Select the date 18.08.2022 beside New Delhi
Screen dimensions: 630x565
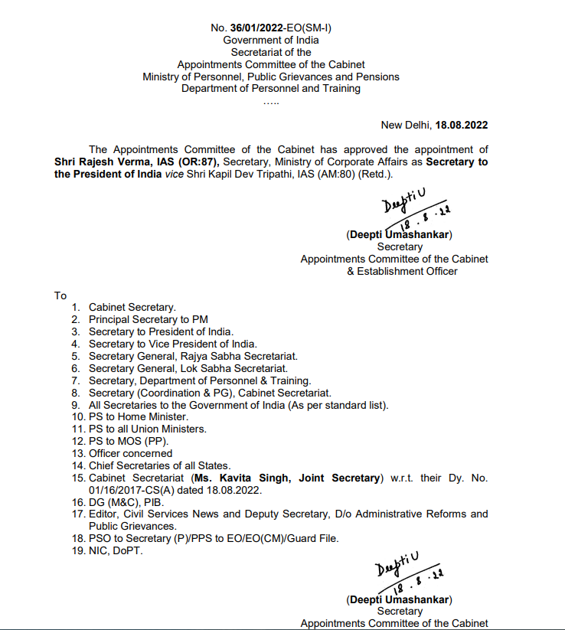click(x=462, y=125)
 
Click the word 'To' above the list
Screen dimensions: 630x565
click(x=60, y=295)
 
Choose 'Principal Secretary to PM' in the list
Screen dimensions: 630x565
click(x=148, y=319)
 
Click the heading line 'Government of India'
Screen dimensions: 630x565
click(x=271, y=40)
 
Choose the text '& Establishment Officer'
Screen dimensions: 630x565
click(x=402, y=271)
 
